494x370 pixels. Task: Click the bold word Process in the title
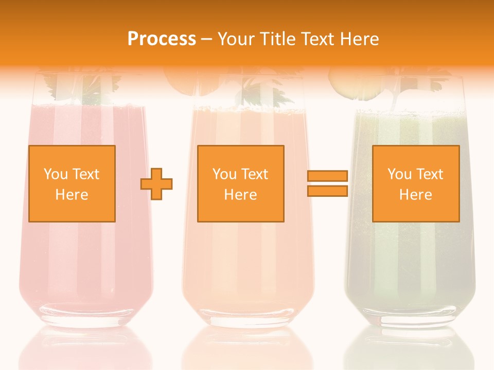[162, 39]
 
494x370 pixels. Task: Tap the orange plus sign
[156, 183]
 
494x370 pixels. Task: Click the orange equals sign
[327, 183]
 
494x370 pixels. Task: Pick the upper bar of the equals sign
[327, 176]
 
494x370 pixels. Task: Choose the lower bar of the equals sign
[327, 191]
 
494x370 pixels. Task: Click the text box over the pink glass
[72, 183]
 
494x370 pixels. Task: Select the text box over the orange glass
[240, 183]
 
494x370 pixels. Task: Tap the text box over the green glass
[415, 183]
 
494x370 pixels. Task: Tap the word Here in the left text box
[72, 195]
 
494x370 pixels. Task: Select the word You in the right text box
[399, 174]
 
